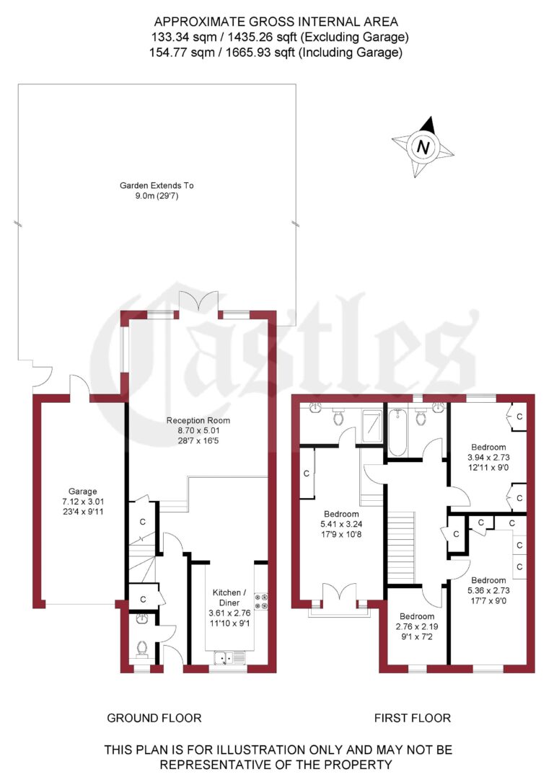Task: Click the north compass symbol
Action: pyautogui.click(x=423, y=147)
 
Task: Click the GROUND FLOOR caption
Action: pyautogui.click(x=154, y=718)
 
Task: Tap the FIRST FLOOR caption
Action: pyautogui.click(x=412, y=718)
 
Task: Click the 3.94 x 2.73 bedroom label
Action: pyautogui.click(x=488, y=456)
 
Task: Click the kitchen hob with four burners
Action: pyautogui.click(x=260, y=601)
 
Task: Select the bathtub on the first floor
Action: pyautogui.click(x=398, y=432)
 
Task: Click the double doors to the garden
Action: pyautogui.click(x=198, y=302)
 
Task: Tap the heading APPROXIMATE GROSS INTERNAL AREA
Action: pyautogui.click(x=277, y=22)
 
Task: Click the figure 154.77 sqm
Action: pyautogui.click(x=177, y=52)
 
